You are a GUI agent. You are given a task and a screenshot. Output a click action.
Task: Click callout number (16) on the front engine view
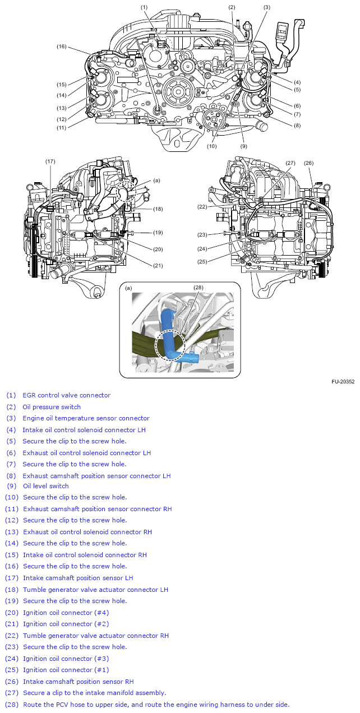click(x=61, y=47)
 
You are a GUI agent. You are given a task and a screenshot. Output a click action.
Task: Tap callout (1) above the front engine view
click(x=144, y=7)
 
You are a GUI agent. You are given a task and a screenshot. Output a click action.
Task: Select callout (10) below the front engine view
click(x=211, y=146)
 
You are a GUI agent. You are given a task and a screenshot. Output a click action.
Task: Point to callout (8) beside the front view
click(x=297, y=126)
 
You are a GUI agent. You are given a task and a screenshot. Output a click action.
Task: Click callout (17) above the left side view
click(x=50, y=161)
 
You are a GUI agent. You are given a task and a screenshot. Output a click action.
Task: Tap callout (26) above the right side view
click(x=308, y=163)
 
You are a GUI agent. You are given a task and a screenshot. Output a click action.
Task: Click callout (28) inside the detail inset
click(x=198, y=288)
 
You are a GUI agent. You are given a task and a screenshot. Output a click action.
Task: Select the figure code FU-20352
click(x=343, y=382)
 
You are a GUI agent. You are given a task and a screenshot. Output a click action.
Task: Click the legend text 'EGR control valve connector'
click(x=66, y=395)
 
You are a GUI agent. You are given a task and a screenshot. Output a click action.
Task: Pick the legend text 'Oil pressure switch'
click(x=52, y=407)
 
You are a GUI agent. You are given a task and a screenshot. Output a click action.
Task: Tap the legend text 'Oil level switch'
click(x=46, y=486)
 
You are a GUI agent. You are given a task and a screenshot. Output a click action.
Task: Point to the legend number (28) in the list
click(x=12, y=705)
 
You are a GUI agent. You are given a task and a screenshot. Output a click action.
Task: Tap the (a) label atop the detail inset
click(x=129, y=288)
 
